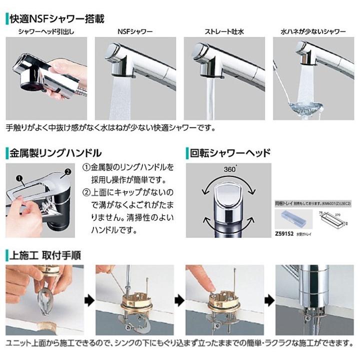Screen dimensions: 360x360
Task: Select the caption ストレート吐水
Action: (x=224, y=32)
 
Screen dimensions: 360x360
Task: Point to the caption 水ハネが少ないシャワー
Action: (x=313, y=32)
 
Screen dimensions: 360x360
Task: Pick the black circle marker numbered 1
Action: (x=19, y=177)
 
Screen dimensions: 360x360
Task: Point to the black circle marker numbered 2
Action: (x=65, y=173)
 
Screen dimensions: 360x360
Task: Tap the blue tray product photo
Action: (x=294, y=218)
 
